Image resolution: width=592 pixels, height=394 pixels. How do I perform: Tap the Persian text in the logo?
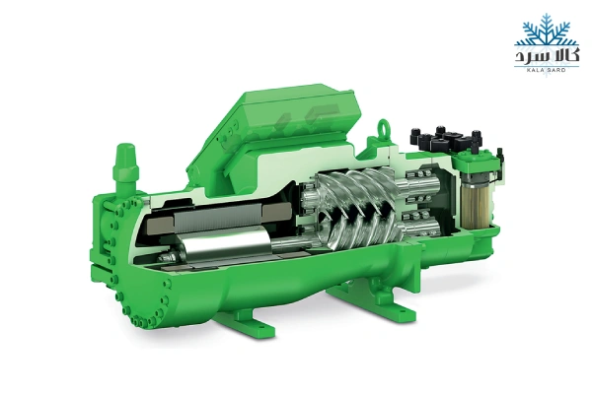[547, 56]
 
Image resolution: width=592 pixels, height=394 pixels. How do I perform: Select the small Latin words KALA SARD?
[547, 70]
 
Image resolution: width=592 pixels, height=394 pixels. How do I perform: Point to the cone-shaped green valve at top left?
[125, 164]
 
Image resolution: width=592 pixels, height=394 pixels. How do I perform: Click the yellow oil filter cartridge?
[477, 206]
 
